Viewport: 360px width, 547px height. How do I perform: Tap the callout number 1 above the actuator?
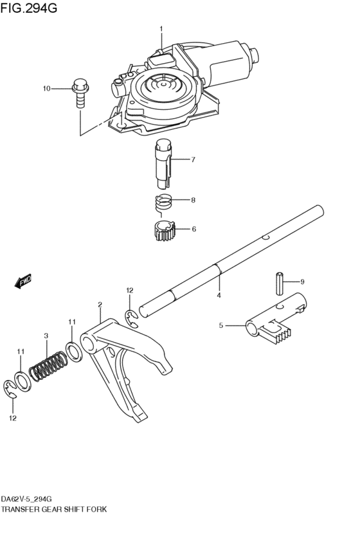[x=161, y=28]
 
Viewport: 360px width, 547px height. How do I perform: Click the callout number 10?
[x=46, y=88]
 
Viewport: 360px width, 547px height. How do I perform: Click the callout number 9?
[x=302, y=282]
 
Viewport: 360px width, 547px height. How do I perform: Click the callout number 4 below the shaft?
[x=219, y=295]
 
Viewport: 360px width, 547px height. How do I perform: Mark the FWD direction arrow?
[x=22, y=281]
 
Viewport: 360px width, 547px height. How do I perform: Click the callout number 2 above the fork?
[x=100, y=304]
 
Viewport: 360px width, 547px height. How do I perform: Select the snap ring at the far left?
[x=11, y=388]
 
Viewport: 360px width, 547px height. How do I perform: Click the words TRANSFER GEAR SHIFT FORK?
[x=54, y=508]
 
